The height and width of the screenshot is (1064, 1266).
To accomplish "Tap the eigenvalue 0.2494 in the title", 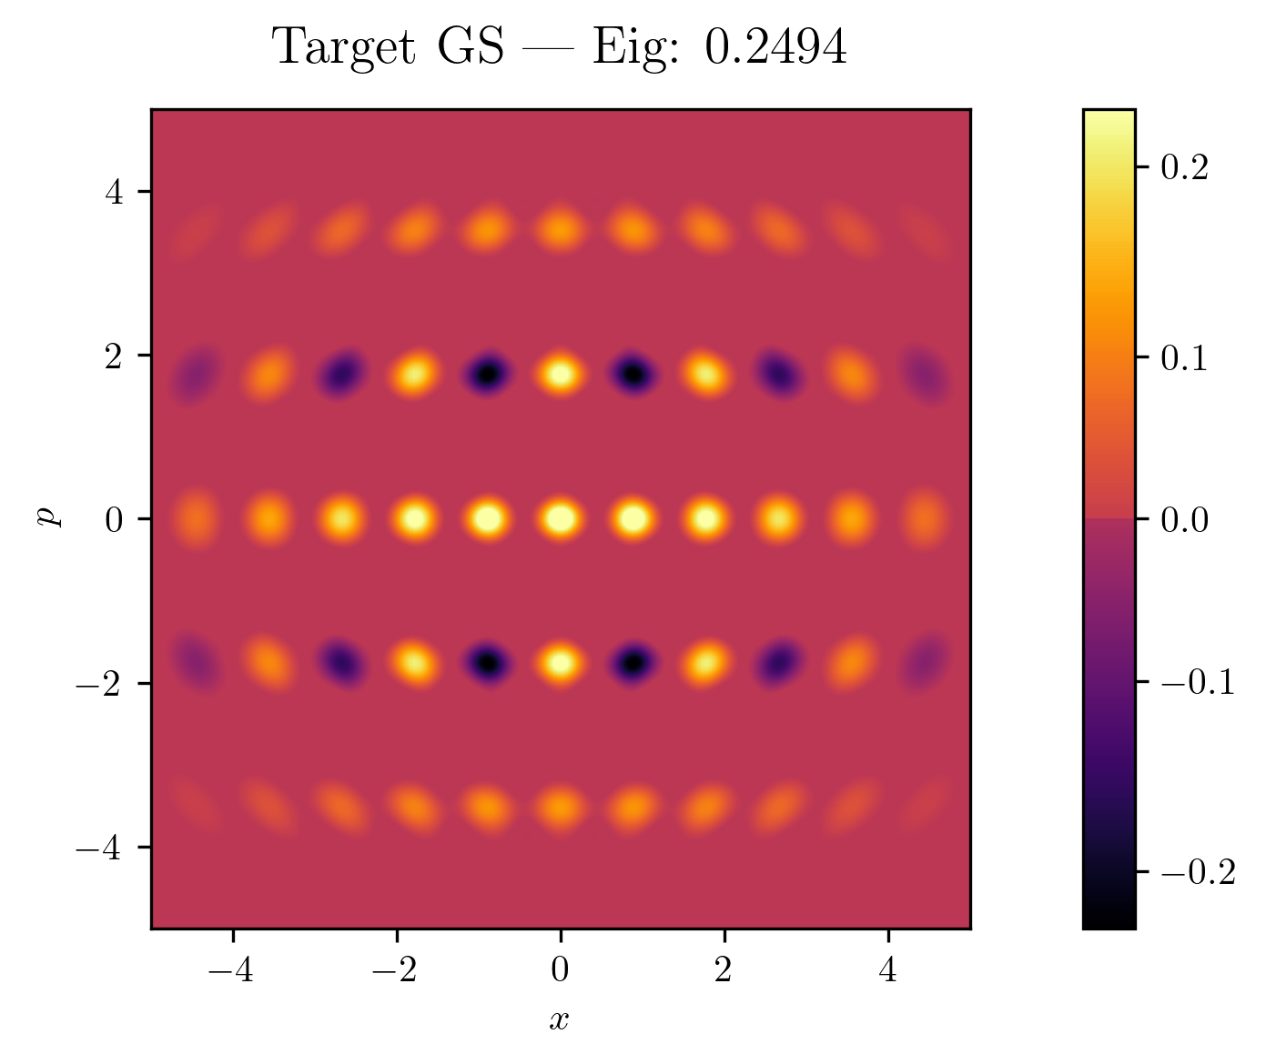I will coord(775,48).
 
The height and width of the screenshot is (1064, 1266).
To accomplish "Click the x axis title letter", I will coord(559,1020).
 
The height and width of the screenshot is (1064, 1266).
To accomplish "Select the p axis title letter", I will coord(46,517).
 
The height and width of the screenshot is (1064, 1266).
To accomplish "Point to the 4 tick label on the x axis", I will coord(887,971).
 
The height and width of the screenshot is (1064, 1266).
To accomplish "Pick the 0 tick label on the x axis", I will coord(561,971).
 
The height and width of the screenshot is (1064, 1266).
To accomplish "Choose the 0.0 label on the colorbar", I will coord(1185,519).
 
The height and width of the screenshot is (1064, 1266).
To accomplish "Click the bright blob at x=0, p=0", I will coord(561,518).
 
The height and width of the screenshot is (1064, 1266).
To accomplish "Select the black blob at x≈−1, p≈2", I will coord(489,373).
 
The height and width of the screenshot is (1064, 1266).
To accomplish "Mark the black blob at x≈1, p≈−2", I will coord(633,663).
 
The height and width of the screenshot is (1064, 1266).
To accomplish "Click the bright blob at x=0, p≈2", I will coord(561,373).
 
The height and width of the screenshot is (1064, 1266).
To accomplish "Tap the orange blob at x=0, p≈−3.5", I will coord(561,807).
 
